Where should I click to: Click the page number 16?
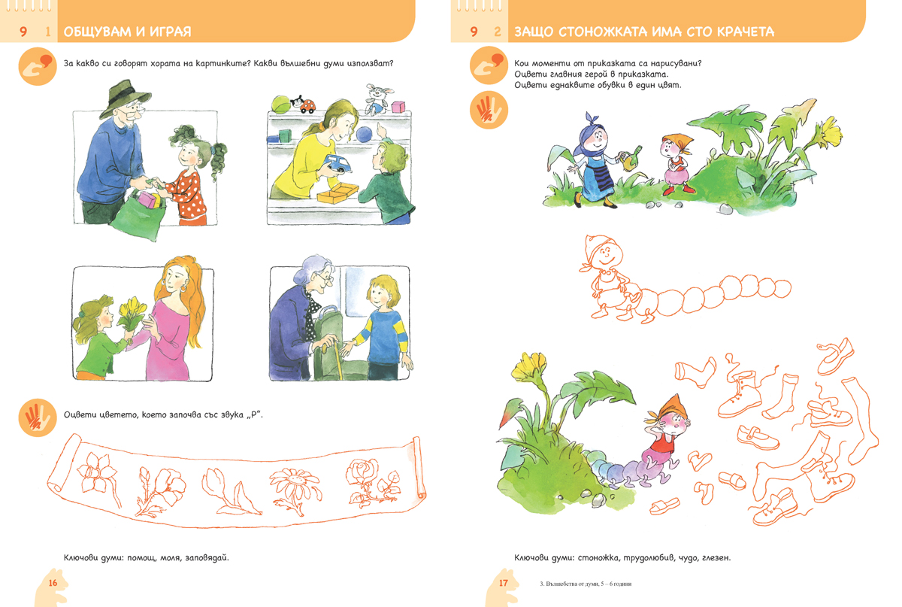(x=53, y=583)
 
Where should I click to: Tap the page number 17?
(x=504, y=583)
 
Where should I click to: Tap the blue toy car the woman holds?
(x=337, y=163)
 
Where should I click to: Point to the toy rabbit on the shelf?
(x=377, y=98)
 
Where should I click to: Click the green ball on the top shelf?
(x=281, y=105)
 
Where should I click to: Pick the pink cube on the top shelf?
(x=398, y=108)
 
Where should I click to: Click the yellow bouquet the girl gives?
(x=132, y=314)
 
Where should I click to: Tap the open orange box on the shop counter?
(x=337, y=193)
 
